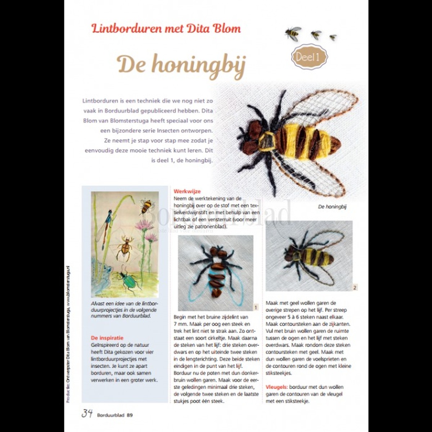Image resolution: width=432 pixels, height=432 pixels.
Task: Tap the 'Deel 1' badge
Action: pyautogui.click(x=309, y=57)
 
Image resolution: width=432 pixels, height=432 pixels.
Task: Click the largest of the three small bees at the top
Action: pyautogui.click(x=293, y=33)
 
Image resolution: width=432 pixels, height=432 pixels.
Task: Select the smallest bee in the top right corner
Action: pyautogui.click(x=333, y=37)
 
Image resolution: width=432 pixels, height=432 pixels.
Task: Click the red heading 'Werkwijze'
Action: pyautogui.click(x=187, y=192)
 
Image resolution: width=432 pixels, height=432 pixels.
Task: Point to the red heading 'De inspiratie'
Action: pyautogui.click(x=107, y=338)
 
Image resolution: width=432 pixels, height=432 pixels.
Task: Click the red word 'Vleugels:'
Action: pyautogui.click(x=276, y=387)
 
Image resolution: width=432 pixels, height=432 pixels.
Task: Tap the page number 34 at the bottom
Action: pyautogui.click(x=87, y=413)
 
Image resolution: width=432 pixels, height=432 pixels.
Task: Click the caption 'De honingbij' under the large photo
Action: pyautogui.click(x=332, y=207)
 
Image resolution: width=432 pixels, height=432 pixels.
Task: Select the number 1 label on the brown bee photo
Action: pyautogui.click(x=256, y=307)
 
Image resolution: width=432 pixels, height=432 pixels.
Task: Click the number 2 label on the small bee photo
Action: pyautogui.click(x=355, y=287)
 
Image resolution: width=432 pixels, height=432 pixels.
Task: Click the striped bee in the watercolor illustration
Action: pyautogui.click(x=146, y=206)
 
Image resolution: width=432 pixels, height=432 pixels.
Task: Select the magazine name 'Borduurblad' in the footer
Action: pyautogui.click(x=110, y=415)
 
